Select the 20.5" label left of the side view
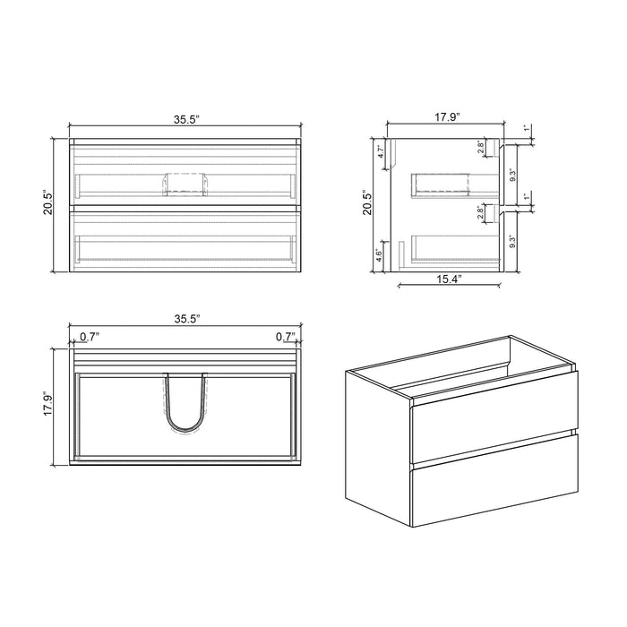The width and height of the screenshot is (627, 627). [x=366, y=204]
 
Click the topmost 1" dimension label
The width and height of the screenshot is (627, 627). [x=527, y=130]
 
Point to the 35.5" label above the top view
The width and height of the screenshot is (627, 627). [x=186, y=318]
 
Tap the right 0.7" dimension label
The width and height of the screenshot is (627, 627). [x=286, y=337]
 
